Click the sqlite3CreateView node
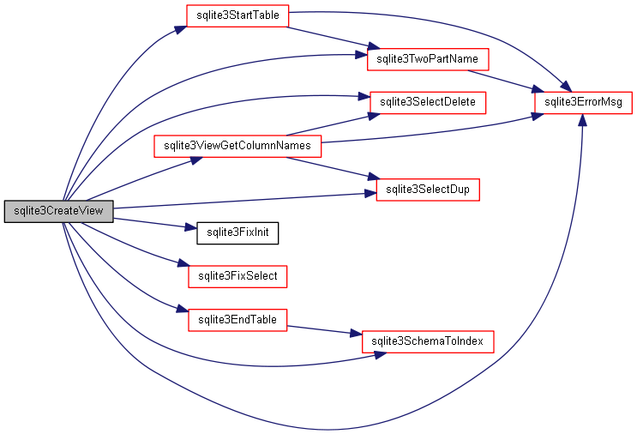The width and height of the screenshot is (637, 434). (x=58, y=212)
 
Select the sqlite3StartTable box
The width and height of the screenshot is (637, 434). (x=237, y=15)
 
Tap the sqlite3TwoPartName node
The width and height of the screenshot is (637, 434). (x=427, y=59)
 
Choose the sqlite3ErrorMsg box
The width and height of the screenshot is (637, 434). (x=583, y=102)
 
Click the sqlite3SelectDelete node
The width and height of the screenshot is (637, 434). (x=427, y=102)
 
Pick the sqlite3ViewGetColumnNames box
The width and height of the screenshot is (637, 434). (x=237, y=146)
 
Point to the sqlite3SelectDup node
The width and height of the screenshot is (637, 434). (x=427, y=189)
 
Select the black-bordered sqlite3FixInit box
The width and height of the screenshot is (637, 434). (x=237, y=232)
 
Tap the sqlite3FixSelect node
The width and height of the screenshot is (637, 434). (x=237, y=276)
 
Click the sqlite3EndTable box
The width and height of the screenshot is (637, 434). (x=237, y=320)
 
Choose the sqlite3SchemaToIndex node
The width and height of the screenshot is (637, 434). (x=427, y=341)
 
